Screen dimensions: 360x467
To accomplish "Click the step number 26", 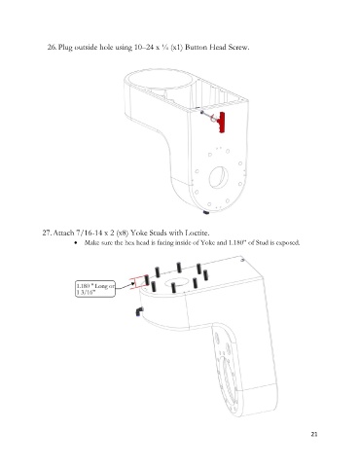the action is click(x=52, y=47).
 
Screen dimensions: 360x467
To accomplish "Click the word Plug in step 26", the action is click(x=65, y=48).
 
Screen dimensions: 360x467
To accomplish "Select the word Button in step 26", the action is click(x=197, y=47).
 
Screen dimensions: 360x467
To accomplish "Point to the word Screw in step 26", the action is click(x=238, y=47).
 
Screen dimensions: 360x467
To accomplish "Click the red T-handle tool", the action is click(x=222, y=122).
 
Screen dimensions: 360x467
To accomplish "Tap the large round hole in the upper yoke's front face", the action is click(x=219, y=177).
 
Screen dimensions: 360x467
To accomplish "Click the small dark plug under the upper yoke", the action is click(x=206, y=212).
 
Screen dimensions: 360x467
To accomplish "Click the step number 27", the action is click(x=47, y=233).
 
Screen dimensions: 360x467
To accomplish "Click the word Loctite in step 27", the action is click(x=198, y=233).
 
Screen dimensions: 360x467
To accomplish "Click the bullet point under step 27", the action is click(x=76, y=242).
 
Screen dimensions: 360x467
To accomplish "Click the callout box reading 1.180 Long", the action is click(x=95, y=289).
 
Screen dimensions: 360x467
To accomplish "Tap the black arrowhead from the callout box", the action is click(x=132, y=284).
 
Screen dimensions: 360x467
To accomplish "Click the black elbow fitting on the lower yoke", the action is click(x=139, y=311).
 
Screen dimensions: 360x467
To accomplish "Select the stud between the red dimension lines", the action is click(x=147, y=280).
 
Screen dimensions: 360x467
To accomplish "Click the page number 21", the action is click(x=314, y=434).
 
